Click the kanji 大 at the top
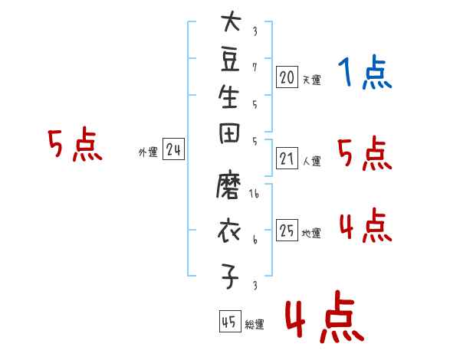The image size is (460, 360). click(232, 21)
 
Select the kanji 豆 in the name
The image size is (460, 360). click(230, 60)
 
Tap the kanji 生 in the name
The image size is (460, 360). click(228, 97)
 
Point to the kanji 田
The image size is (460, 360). click(229, 133)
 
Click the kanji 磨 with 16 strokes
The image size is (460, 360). click(228, 185)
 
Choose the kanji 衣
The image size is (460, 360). click(229, 231)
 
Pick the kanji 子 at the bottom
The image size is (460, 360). click(229, 276)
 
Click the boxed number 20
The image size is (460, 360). click(287, 77)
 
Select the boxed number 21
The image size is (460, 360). click(287, 159)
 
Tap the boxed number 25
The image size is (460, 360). click(287, 230)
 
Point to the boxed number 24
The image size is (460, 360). click(173, 149)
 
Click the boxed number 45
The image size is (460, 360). click(230, 321)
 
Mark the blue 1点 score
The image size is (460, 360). click(365, 72)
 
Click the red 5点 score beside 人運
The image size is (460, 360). click(365, 153)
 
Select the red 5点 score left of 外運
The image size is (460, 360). click(75, 144)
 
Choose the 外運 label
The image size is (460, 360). click(148, 152)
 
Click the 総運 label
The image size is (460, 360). click(255, 324)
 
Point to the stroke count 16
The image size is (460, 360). click(254, 194)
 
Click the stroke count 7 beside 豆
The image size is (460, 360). click(255, 67)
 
